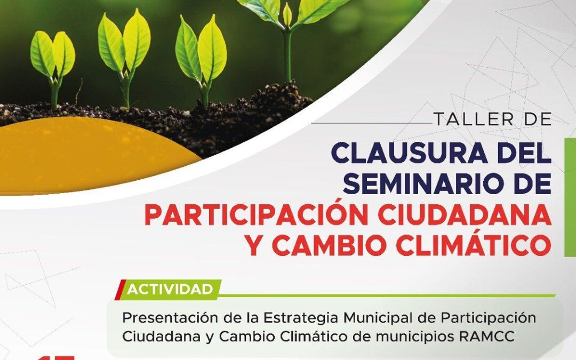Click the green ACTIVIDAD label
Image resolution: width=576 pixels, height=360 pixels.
[x=170, y=290]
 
